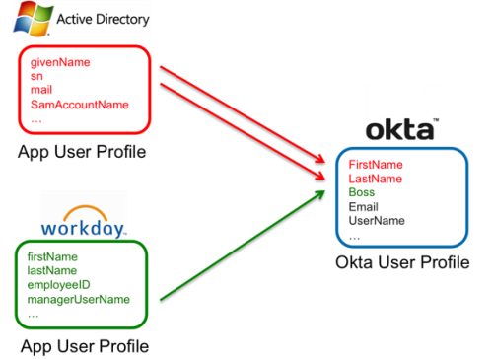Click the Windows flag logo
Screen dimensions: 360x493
[x=32, y=19]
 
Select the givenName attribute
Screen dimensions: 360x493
[x=60, y=62]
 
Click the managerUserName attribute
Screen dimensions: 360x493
[x=79, y=299]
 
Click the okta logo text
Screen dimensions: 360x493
[x=401, y=130]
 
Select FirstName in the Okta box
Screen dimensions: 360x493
[x=376, y=165]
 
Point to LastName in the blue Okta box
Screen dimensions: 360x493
[x=376, y=179]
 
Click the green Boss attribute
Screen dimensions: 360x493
[x=362, y=193]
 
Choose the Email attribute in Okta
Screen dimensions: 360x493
[x=364, y=207]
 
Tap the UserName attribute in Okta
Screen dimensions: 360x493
[x=377, y=221]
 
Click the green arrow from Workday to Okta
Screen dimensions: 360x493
[x=242, y=247]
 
